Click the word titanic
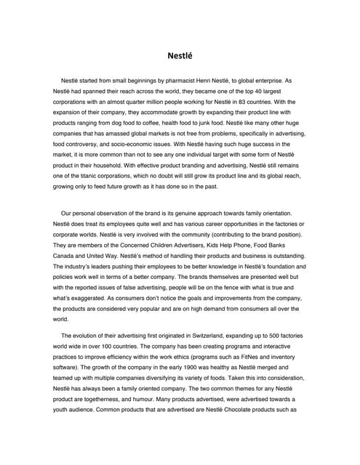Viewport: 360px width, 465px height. coord(81,176)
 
